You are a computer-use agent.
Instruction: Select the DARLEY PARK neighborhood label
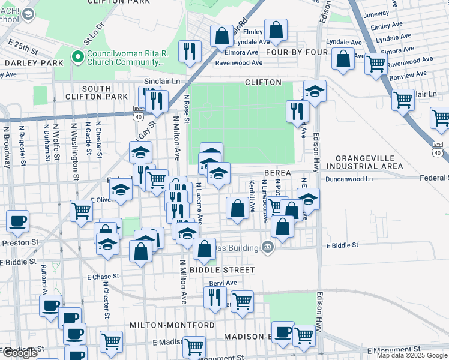pyautogui.click(x=25, y=62)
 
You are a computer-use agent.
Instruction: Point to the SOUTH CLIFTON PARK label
pyautogui.click(x=105, y=92)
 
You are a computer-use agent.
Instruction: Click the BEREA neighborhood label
pyautogui.click(x=277, y=173)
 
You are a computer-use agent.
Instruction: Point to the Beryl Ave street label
pyautogui.click(x=223, y=283)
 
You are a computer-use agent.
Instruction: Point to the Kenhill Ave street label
pyautogui.click(x=252, y=196)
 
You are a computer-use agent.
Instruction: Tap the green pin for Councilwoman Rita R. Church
pyautogui.click(x=77, y=58)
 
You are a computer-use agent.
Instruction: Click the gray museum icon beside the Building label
pyautogui.click(x=268, y=247)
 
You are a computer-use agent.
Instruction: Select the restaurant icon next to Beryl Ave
pyautogui.click(x=214, y=296)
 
